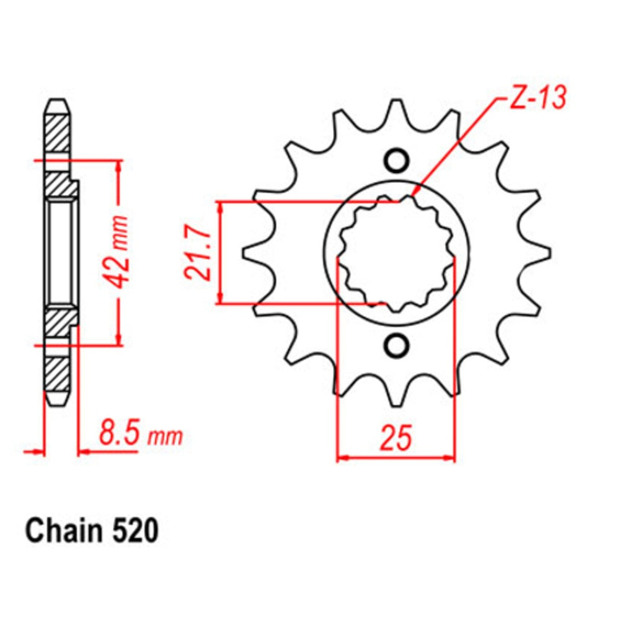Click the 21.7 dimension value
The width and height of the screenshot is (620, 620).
tap(194, 253)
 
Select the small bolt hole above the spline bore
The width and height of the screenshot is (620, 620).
tap(396, 160)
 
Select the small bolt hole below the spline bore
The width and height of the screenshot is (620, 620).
tap(396, 346)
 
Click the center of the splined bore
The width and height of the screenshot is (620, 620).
tap(396, 253)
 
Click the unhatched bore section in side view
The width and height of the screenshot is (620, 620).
tap(60, 253)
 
